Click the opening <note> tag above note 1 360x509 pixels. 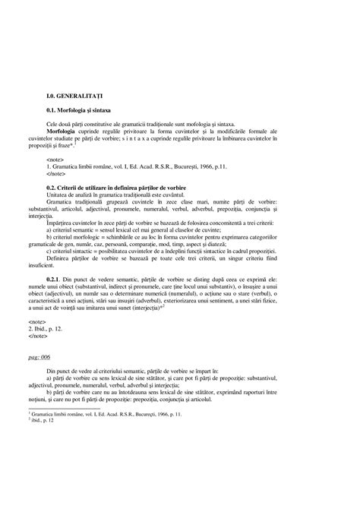point(55,161)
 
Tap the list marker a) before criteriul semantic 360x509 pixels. point(49,229)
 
